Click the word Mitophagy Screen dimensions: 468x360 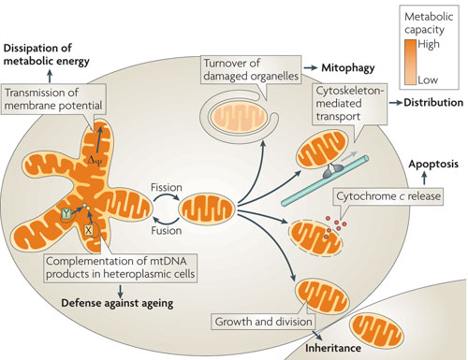(x=348, y=68)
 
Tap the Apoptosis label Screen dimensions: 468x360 (x=433, y=165)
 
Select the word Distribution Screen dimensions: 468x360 (x=433, y=103)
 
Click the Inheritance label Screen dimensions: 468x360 (x=333, y=348)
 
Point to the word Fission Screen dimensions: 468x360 (x=167, y=187)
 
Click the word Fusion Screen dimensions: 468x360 (x=167, y=231)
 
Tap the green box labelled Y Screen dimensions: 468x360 (x=66, y=214)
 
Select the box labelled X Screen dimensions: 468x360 (x=89, y=230)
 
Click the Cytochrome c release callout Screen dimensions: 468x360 (x=388, y=196)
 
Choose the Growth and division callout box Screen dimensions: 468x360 (x=263, y=322)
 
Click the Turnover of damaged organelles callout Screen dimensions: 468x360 (x=251, y=70)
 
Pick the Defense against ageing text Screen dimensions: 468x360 (x=117, y=303)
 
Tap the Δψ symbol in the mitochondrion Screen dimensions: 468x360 (x=95, y=161)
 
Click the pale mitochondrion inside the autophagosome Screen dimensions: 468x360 (x=239, y=119)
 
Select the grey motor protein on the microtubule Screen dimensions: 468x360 (x=332, y=169)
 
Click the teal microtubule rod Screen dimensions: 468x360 (x=325, y=180)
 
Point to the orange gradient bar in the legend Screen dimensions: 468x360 (x=410, y=63)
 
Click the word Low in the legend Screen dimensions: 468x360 (x=428, y=80)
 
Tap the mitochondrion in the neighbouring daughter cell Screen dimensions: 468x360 (x=376, y=335)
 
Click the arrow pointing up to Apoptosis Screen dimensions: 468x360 (x=424, y=179)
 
